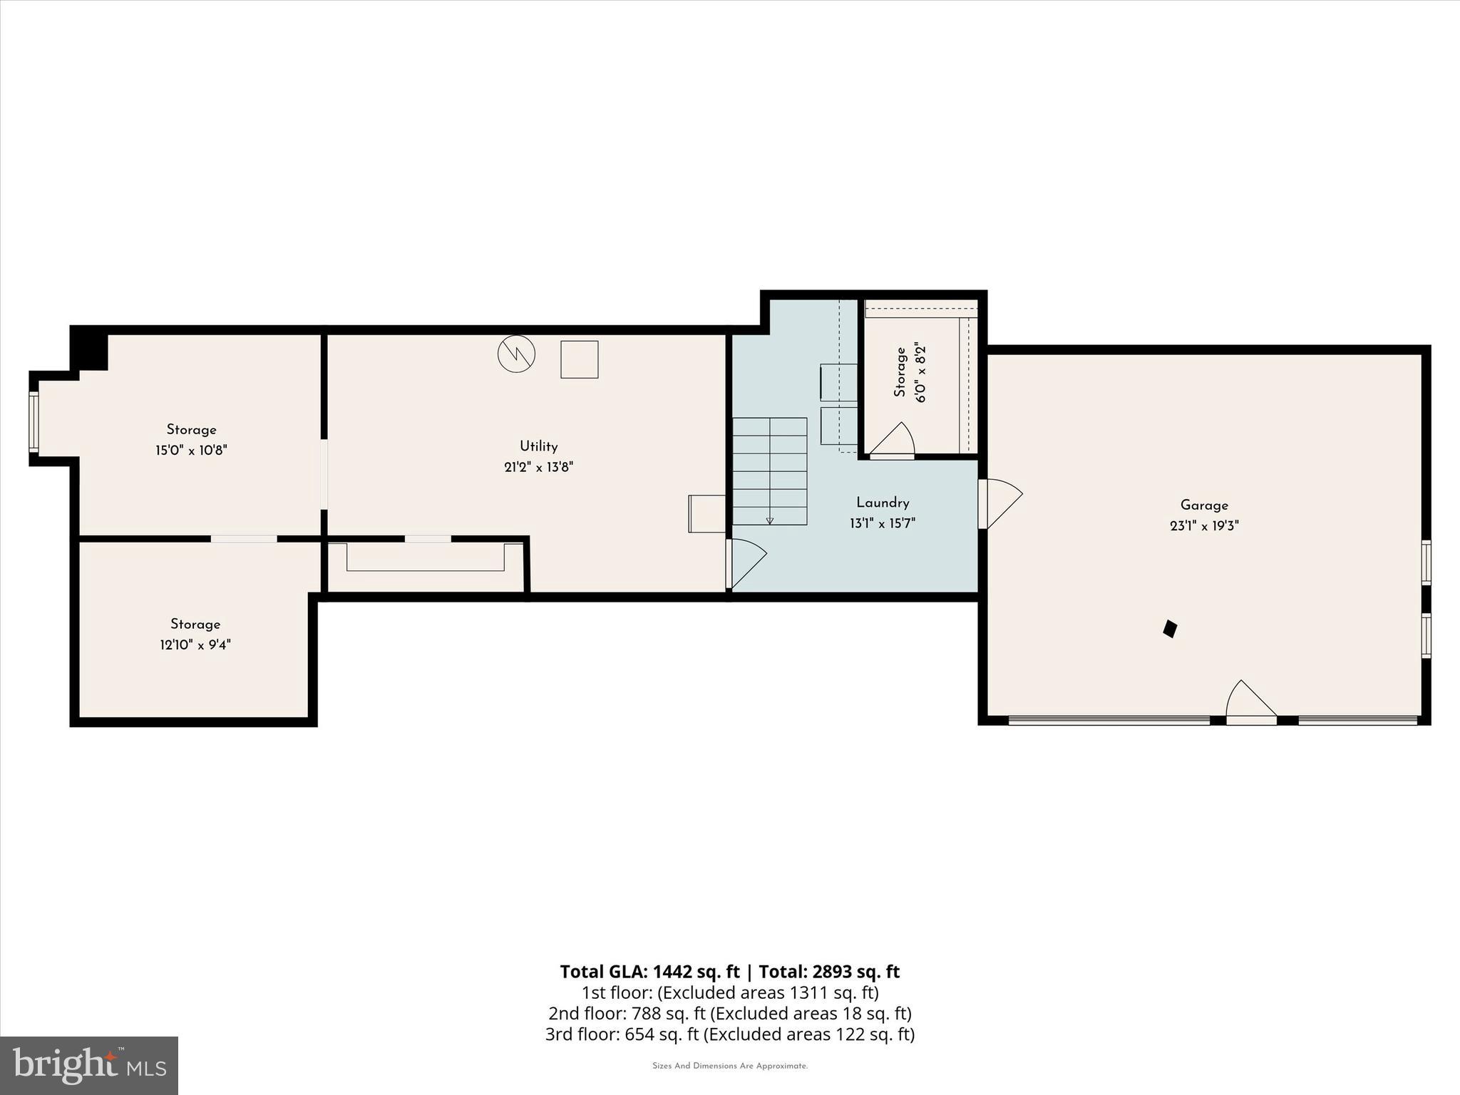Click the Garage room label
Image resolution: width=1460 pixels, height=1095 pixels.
click(1204, 505)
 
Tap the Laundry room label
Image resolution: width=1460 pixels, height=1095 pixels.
click(883, 503)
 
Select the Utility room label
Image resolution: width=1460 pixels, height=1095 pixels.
click(538, 446)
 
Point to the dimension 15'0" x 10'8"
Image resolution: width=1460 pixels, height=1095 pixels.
click(191, 451)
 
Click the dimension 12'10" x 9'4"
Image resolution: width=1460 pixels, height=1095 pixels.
click(195, 645)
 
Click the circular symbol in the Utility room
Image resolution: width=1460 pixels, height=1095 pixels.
click(516, 354)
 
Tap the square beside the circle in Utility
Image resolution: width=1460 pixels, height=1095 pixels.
click(579, 359)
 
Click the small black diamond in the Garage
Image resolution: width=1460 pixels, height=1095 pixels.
click(1170, 629)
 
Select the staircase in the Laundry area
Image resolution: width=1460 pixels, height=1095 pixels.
click(770, 471)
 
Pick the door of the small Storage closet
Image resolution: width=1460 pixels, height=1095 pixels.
click(893, 441)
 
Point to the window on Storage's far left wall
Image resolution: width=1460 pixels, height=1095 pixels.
click(34, 421)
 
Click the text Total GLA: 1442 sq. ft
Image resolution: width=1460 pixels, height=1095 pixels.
click(649, 972)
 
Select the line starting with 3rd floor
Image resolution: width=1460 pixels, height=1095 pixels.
click(729, 1034)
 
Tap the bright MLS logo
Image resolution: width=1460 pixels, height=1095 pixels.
click(89, 1065)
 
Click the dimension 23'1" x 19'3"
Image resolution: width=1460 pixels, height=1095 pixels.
click(1204, 526)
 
